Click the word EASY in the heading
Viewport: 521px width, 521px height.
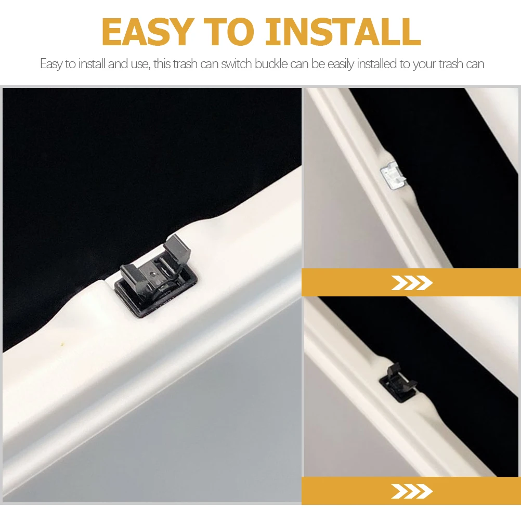pos(147,32)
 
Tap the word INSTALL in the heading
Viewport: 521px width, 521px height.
pos(343,32)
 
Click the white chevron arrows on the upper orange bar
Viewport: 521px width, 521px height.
pos(411,283)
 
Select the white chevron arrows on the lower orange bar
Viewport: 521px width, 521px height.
pos(411,491)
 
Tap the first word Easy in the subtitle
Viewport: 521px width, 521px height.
pos(50,64)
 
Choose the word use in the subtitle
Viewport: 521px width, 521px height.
pos(136,64)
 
